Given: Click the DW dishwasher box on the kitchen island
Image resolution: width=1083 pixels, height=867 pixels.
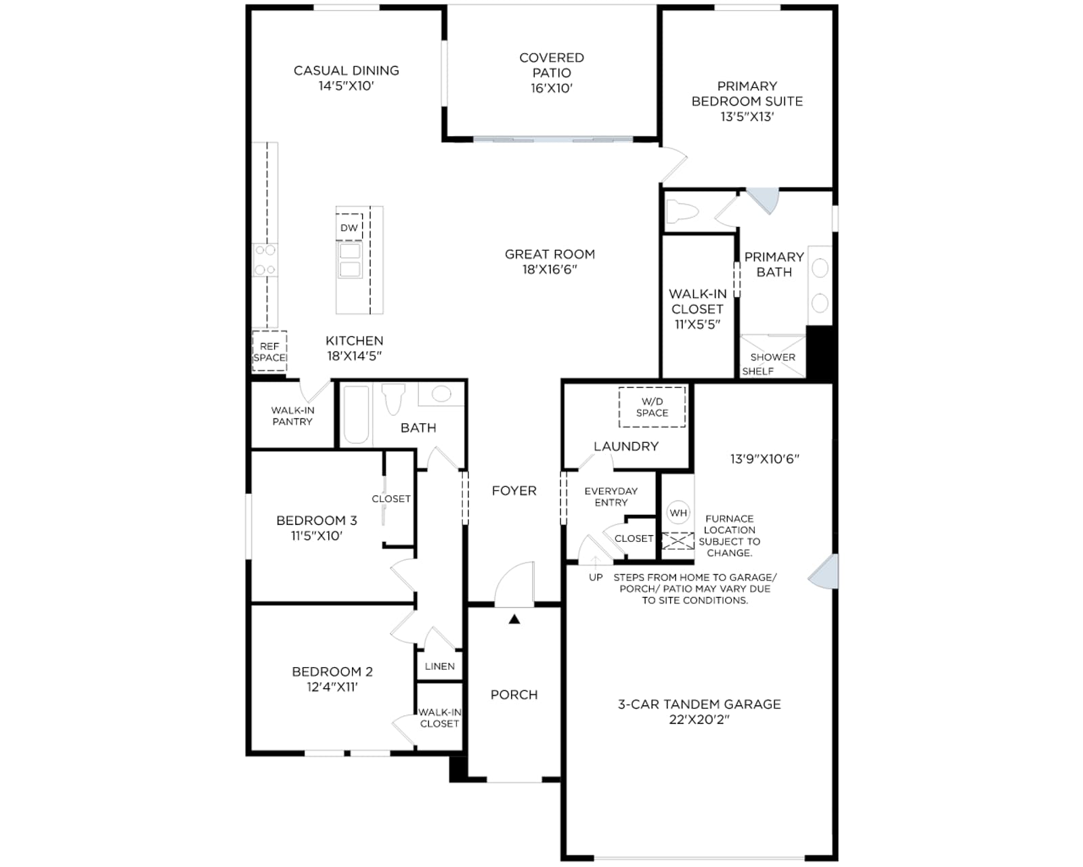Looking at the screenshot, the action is coord(349,227).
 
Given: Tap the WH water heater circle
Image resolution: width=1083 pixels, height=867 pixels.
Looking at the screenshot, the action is coord(678,513).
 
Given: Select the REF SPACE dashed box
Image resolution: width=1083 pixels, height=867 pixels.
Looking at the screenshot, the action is coord(269,351).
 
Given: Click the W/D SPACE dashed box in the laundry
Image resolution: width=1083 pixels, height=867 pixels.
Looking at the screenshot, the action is coord(652,407).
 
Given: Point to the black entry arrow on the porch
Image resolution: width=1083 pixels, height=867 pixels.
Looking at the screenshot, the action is coord(514,619).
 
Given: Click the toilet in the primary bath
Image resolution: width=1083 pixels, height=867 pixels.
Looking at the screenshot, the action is coord(682,211).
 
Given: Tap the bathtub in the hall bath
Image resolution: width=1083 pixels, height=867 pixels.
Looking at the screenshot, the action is coord(356,415).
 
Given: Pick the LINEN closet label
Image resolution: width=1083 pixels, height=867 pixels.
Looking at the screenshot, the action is coord(439,666).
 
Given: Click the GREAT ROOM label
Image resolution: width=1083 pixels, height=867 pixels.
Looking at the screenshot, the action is coord(550,255).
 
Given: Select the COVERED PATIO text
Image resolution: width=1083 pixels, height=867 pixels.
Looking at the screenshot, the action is coord(552,65).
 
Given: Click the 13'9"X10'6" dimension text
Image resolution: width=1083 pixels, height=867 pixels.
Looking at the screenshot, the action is coord(764,459).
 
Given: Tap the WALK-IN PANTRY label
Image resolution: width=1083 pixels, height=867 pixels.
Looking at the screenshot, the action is coord(292,416).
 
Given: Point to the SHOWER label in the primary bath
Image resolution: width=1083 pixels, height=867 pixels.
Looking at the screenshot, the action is coord(772,357).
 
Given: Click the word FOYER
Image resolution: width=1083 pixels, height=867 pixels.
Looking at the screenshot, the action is coord(514,490).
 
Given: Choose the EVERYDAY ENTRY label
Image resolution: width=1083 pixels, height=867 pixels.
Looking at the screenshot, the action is coord(611,496).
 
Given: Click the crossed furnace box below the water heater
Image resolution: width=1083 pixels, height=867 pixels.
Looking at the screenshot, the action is coord(678,541).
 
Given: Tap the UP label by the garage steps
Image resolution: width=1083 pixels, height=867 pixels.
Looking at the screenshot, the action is coord(596,577).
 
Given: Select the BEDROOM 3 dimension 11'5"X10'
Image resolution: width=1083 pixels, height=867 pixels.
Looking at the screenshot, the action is coord(317,536).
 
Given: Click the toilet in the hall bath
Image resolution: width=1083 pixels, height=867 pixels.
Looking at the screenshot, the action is coord(393,398).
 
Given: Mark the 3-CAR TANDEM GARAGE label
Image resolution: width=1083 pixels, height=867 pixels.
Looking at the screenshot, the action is coord(699,704).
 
